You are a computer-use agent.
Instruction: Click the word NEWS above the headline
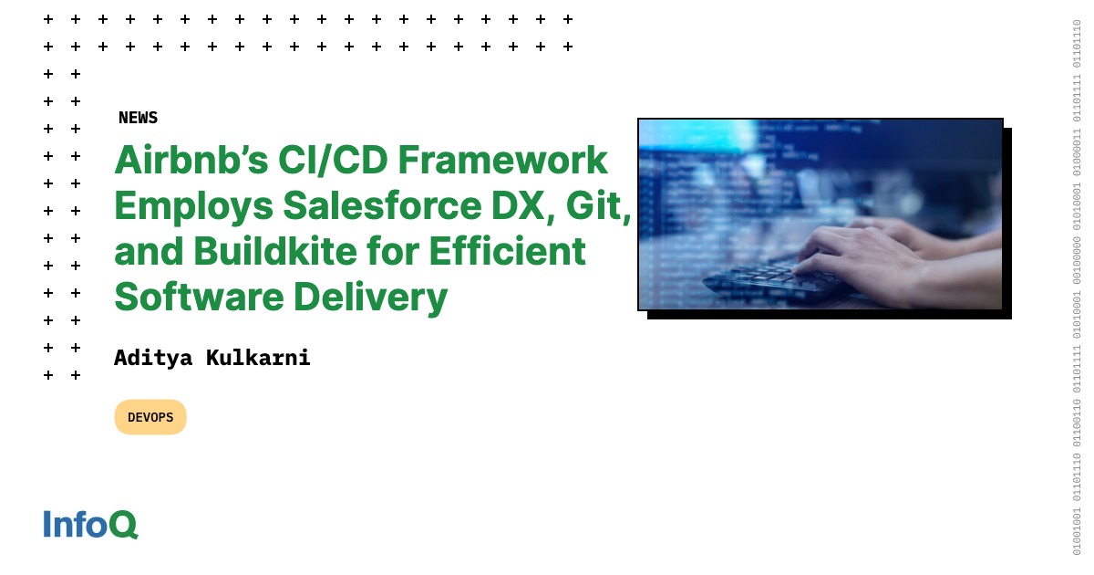click(x=138, y=118)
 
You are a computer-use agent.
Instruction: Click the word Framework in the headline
click(x=502, y=161)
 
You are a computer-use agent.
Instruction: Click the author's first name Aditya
click(x=151, y=358)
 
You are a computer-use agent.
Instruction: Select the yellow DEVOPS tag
click(x=150, y=417)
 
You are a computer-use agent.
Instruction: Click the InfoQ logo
click(x=90, y=525)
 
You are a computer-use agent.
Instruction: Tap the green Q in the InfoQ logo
click(x=124, y=525)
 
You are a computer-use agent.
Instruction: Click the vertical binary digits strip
click(x=1077, y=287)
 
